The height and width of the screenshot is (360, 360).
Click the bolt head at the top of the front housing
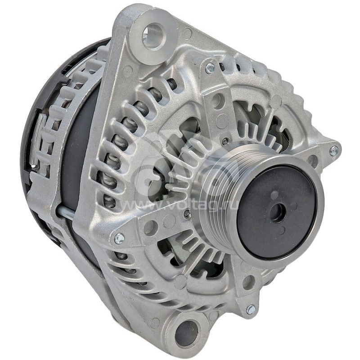pyautogui.click(x=210, y=68)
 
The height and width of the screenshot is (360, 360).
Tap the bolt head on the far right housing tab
pyautogui.click(x=333, y=150)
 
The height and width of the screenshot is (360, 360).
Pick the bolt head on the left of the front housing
pyautogui.click(x=119, y=238)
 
